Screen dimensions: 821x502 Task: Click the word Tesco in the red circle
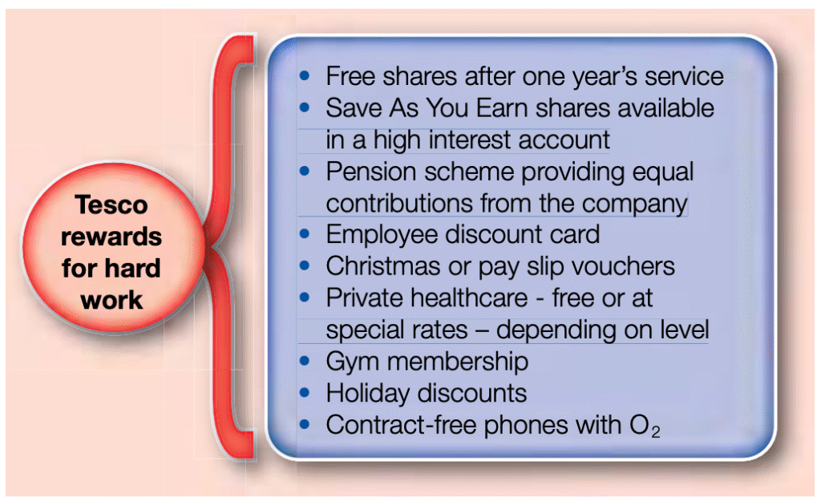click(x=111, y=204)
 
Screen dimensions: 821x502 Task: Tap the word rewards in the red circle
click(x=111, y=237)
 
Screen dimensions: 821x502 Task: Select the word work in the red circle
click(x=111, y=300)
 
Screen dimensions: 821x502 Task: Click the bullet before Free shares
click(x=304, y=76)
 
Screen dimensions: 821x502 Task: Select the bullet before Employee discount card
click(x=304, y=234)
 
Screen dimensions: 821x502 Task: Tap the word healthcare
click(x=469, y=298)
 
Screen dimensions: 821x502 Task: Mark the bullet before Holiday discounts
click(x=304, y=393)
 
